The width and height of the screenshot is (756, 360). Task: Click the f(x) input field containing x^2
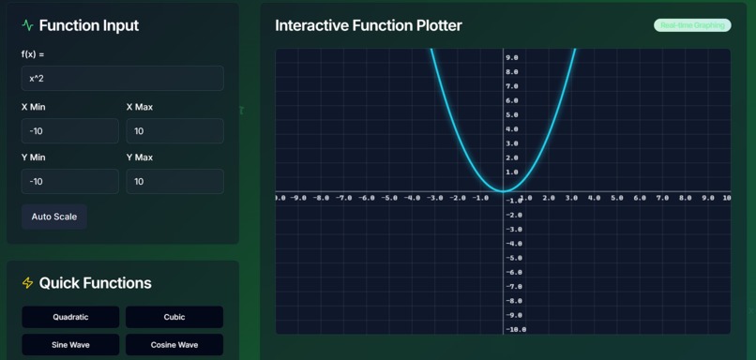122,79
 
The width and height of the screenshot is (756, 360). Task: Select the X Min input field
70,131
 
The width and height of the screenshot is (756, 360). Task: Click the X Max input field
174,131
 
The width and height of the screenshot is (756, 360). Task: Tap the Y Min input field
70,182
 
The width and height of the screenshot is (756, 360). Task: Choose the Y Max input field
174,182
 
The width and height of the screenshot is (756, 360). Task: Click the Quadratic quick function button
70,317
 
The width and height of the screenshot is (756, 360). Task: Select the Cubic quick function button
174,317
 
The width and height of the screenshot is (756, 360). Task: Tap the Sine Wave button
70,345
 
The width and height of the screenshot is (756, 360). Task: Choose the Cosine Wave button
174,345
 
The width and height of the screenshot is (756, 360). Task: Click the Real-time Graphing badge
692,25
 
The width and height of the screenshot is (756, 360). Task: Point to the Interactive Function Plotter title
368,25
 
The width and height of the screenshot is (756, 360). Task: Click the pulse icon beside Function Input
27,25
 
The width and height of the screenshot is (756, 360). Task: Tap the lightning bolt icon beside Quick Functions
27,283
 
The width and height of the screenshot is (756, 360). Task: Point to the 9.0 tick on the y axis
512,58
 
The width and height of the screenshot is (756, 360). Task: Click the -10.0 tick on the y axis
516,330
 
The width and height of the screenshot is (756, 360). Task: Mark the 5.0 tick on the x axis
617,198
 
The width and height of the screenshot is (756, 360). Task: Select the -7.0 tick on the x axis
344,198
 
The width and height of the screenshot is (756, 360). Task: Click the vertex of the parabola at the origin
504,192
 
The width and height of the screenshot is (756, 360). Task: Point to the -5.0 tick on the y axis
514,258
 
